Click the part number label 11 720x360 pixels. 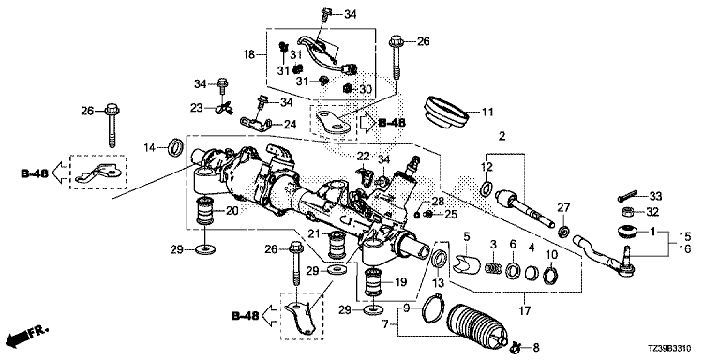(487, 112)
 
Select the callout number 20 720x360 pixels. (232, 211)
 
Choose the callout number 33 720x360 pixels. (655, 197)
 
